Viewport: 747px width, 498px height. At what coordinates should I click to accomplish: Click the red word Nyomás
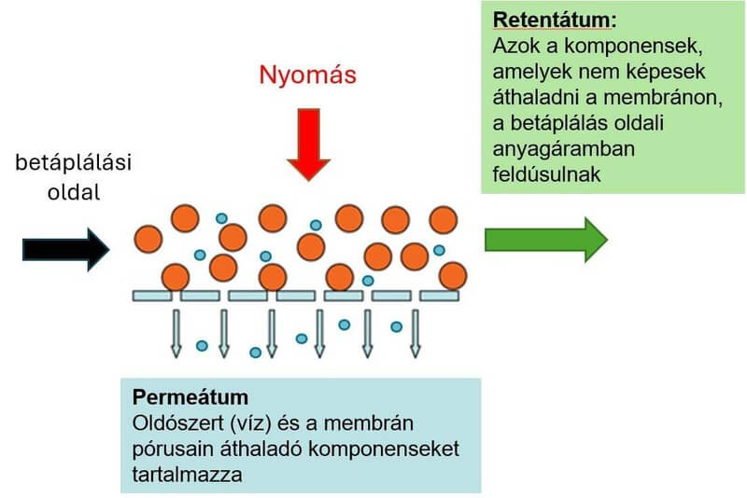(x=309, y=74)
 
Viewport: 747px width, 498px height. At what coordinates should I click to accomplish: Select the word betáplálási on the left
(x=74, y=163)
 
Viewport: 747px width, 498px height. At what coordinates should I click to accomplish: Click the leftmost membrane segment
(x=152, y=296)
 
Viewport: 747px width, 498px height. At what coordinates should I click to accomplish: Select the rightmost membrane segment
(x=439, y=296)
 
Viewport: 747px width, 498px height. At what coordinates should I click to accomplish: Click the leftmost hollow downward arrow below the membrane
(x=176, y=333)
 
